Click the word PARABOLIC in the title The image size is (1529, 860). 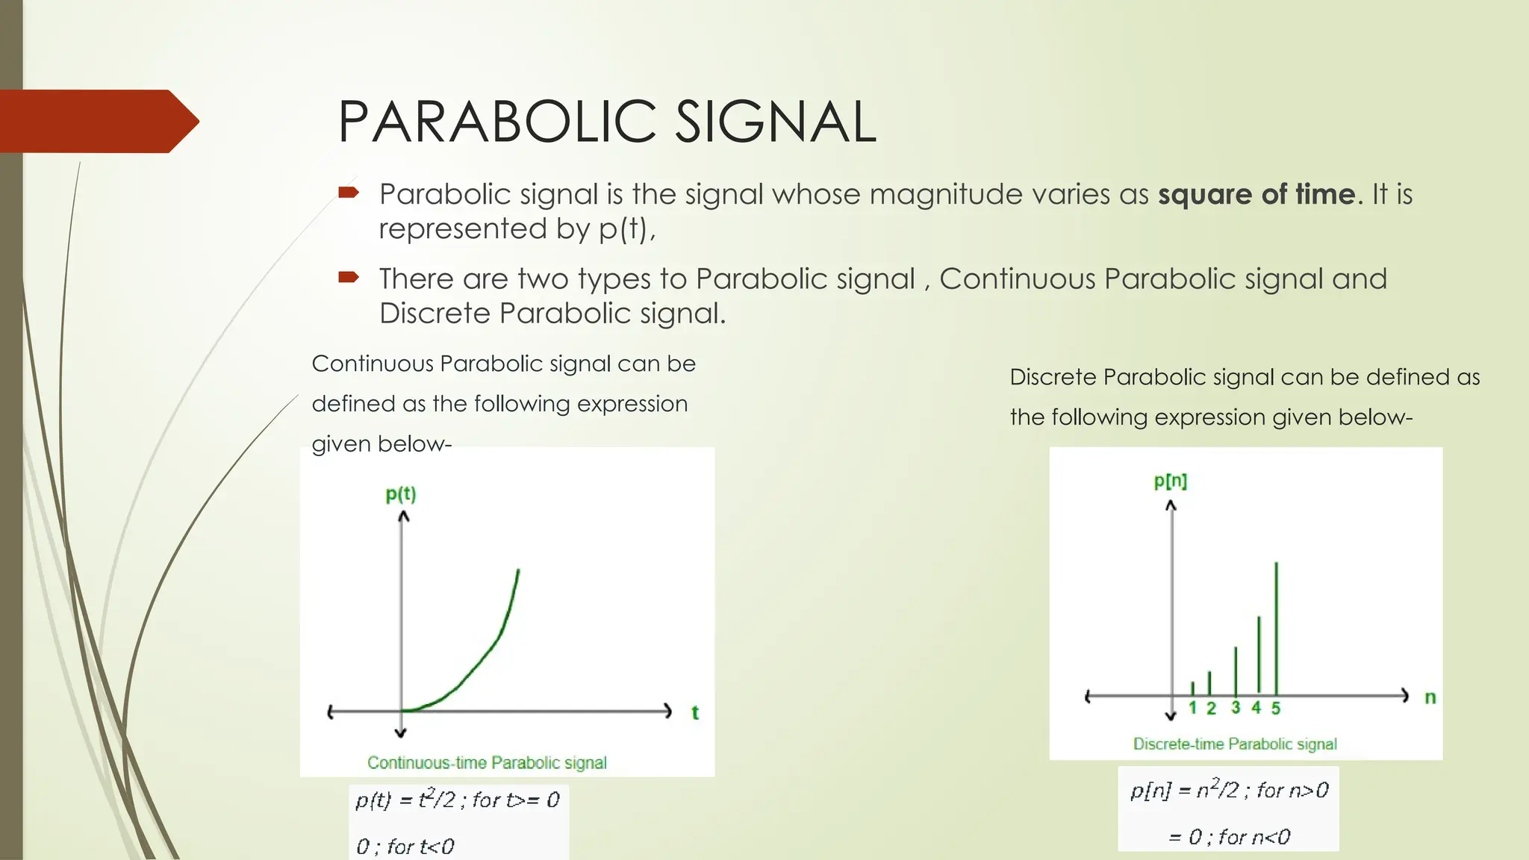(x=497, y=122)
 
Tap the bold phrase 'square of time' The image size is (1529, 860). (x=1256, y=194)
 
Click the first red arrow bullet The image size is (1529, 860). (x=349, y=193)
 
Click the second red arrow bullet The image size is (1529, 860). (x=349, y=278)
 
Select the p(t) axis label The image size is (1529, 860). (x=401, y=494)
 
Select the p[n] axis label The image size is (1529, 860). (x=1170, y=481)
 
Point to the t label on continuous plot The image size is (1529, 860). (x=695, y=713)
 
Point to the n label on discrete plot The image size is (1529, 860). (x=1430, y=698)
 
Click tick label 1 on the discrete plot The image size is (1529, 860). (x=1192, y=708)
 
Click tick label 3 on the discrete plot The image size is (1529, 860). (x=1236, y=708)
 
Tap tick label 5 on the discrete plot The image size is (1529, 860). (x=1276, y=708)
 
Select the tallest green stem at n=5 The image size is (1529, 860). (x=1276, y=627)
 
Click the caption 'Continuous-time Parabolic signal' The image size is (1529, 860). (x=487, y=763)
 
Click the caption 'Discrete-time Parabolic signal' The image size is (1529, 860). (x=1235, y=744)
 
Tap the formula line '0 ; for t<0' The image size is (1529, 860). (x=405, y=847)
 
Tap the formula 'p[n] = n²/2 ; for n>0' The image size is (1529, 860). (x=1229, y=790)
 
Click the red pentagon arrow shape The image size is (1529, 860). (x=97, y=122)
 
